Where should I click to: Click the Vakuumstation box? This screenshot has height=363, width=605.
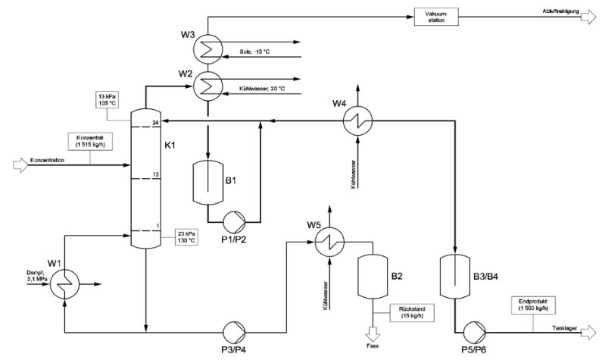pos(436,17)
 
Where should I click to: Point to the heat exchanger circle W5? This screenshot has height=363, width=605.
pos(330,243)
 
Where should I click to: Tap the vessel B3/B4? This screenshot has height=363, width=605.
pos(455,277)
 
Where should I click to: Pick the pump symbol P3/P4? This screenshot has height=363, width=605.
pos(231,330)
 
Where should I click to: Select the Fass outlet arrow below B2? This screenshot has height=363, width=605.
pos(371,333)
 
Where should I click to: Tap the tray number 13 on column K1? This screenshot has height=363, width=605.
pos(155,174)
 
